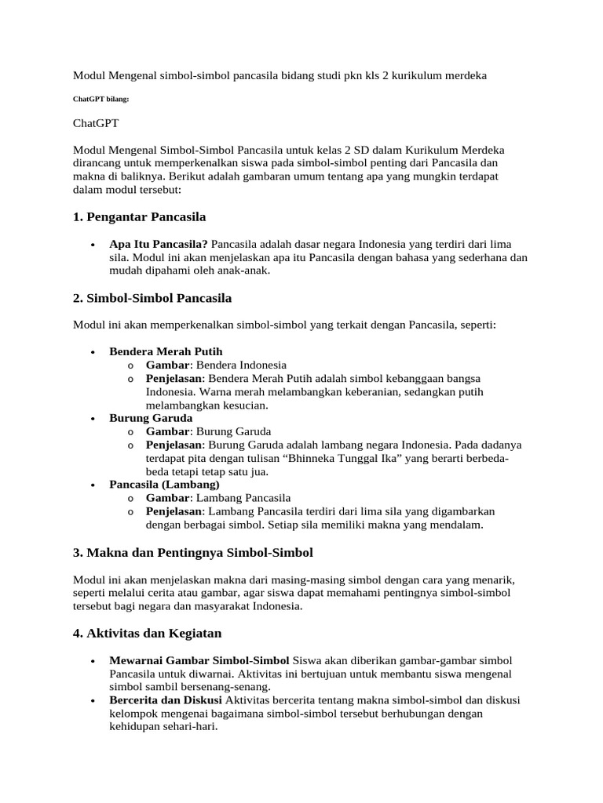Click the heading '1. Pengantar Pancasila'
pyautogui.click(x=139, y=216)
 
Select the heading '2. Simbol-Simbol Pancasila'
pyautogui.click(x=152, y=299)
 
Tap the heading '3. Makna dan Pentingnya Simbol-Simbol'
pyautogui.click(x=193, y=552)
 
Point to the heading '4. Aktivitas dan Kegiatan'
pyautogui.click(x=148, y=633)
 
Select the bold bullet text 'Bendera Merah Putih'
pyautogui.click(x=160, y=351)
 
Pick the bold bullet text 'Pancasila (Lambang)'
pyautogui.click(x=164, y=485)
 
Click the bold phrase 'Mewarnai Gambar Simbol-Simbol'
pyautogui.click(x=199, y=660)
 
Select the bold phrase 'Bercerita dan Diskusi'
pyautogui.click(x=166, y=699)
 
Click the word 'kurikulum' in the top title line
pyautogui.click(x=420, y=75)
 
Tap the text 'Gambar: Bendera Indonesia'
pyautogui.click(x=216, y=365)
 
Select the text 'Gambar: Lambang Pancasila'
pyautogui.click(x=218, y=498)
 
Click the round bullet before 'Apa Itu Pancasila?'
pyautogui.click(x=94, y=244)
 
